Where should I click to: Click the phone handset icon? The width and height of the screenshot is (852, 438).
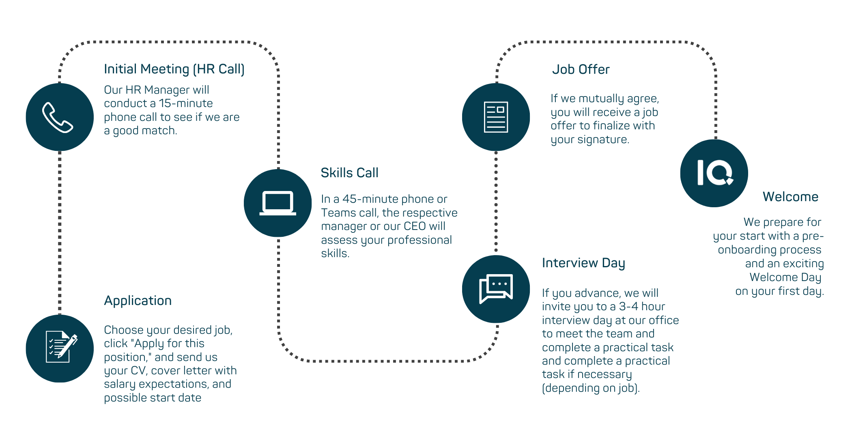(x=58, y=117)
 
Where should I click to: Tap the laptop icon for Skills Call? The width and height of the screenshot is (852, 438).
(x=278, y=203)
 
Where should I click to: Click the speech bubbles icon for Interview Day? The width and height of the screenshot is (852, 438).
(x=496, y=289)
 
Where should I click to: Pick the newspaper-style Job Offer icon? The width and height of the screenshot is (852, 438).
(x=496, y=117)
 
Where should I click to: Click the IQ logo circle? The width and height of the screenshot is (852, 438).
(x=714, y=173)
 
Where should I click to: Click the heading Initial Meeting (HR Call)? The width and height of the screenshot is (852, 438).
(x=174, y=69)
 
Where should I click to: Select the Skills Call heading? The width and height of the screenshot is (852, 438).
(x=349, y=173)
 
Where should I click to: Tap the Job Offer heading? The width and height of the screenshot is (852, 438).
(x=581, y=69)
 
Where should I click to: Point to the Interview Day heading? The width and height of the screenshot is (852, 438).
(x=583, y=263)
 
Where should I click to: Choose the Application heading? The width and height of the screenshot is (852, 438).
(x=138, y=301)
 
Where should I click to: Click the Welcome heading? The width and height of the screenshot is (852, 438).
(x=790, y=197)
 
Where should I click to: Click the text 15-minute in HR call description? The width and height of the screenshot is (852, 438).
(x=186, y=103)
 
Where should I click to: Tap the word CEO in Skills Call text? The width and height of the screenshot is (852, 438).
(x=415, y=226)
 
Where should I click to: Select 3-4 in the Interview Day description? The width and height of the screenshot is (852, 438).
(x=628, y=307)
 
